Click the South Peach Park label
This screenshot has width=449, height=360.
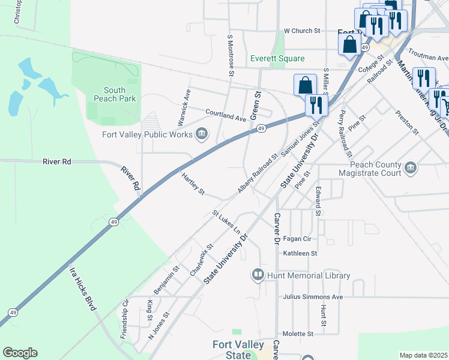[x=119, y=94]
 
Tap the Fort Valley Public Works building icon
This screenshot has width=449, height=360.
[x=202, y=134]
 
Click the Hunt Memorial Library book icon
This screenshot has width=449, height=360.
[x=258, y=275]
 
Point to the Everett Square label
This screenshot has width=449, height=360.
[x=277, y=58]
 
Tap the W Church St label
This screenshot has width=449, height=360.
[x=302, y=31]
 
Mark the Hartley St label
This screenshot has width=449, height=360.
[x=193, y=184]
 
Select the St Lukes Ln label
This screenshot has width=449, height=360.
[x=226, y=223]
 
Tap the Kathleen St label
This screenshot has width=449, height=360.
[x=300, y=253]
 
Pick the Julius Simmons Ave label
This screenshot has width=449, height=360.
[x=313, y=297]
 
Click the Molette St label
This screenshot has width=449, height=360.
[x=298, y=334]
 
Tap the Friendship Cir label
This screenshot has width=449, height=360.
[x=125, y=319]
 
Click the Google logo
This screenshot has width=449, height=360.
[x=20, y=353]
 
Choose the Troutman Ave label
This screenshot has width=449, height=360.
[x=428, y=56]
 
